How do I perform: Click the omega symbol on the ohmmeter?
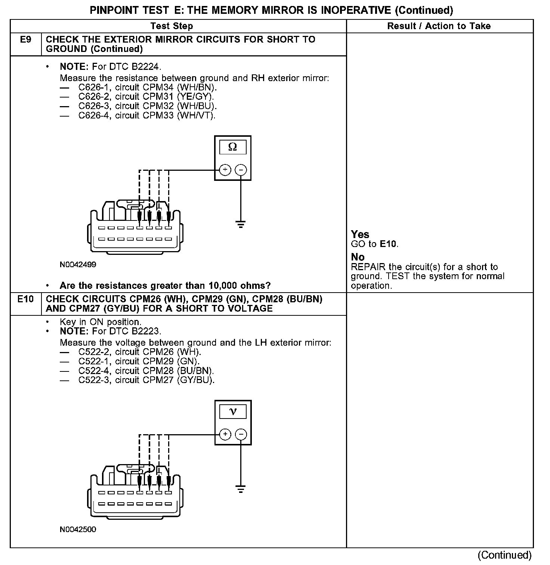pos(232,147)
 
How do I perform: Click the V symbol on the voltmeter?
pos(233,412)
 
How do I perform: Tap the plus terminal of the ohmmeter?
pos(225,170)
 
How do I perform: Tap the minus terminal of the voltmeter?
pos(241,434)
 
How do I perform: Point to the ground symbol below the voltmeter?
pos(241,488)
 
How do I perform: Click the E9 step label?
pos(25,40)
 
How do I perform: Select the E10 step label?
pos(25,299)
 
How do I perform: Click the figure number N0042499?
pos(78,265)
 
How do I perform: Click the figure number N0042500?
pos(78,529)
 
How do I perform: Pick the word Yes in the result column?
pos(360,234)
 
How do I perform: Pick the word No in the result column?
pos(358,257)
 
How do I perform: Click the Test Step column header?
pos(172,26)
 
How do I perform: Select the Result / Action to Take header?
pos(439,26)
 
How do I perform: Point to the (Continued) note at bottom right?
pos(504,555)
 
